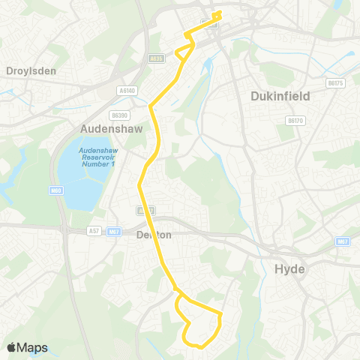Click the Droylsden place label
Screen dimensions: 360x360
pos(31,70)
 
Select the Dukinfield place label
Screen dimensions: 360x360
pos(279,96)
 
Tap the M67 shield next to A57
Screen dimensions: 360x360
pos(114,232)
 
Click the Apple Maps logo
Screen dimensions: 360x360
pos(27,347)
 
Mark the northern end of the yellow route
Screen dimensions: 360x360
pos(219,13)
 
